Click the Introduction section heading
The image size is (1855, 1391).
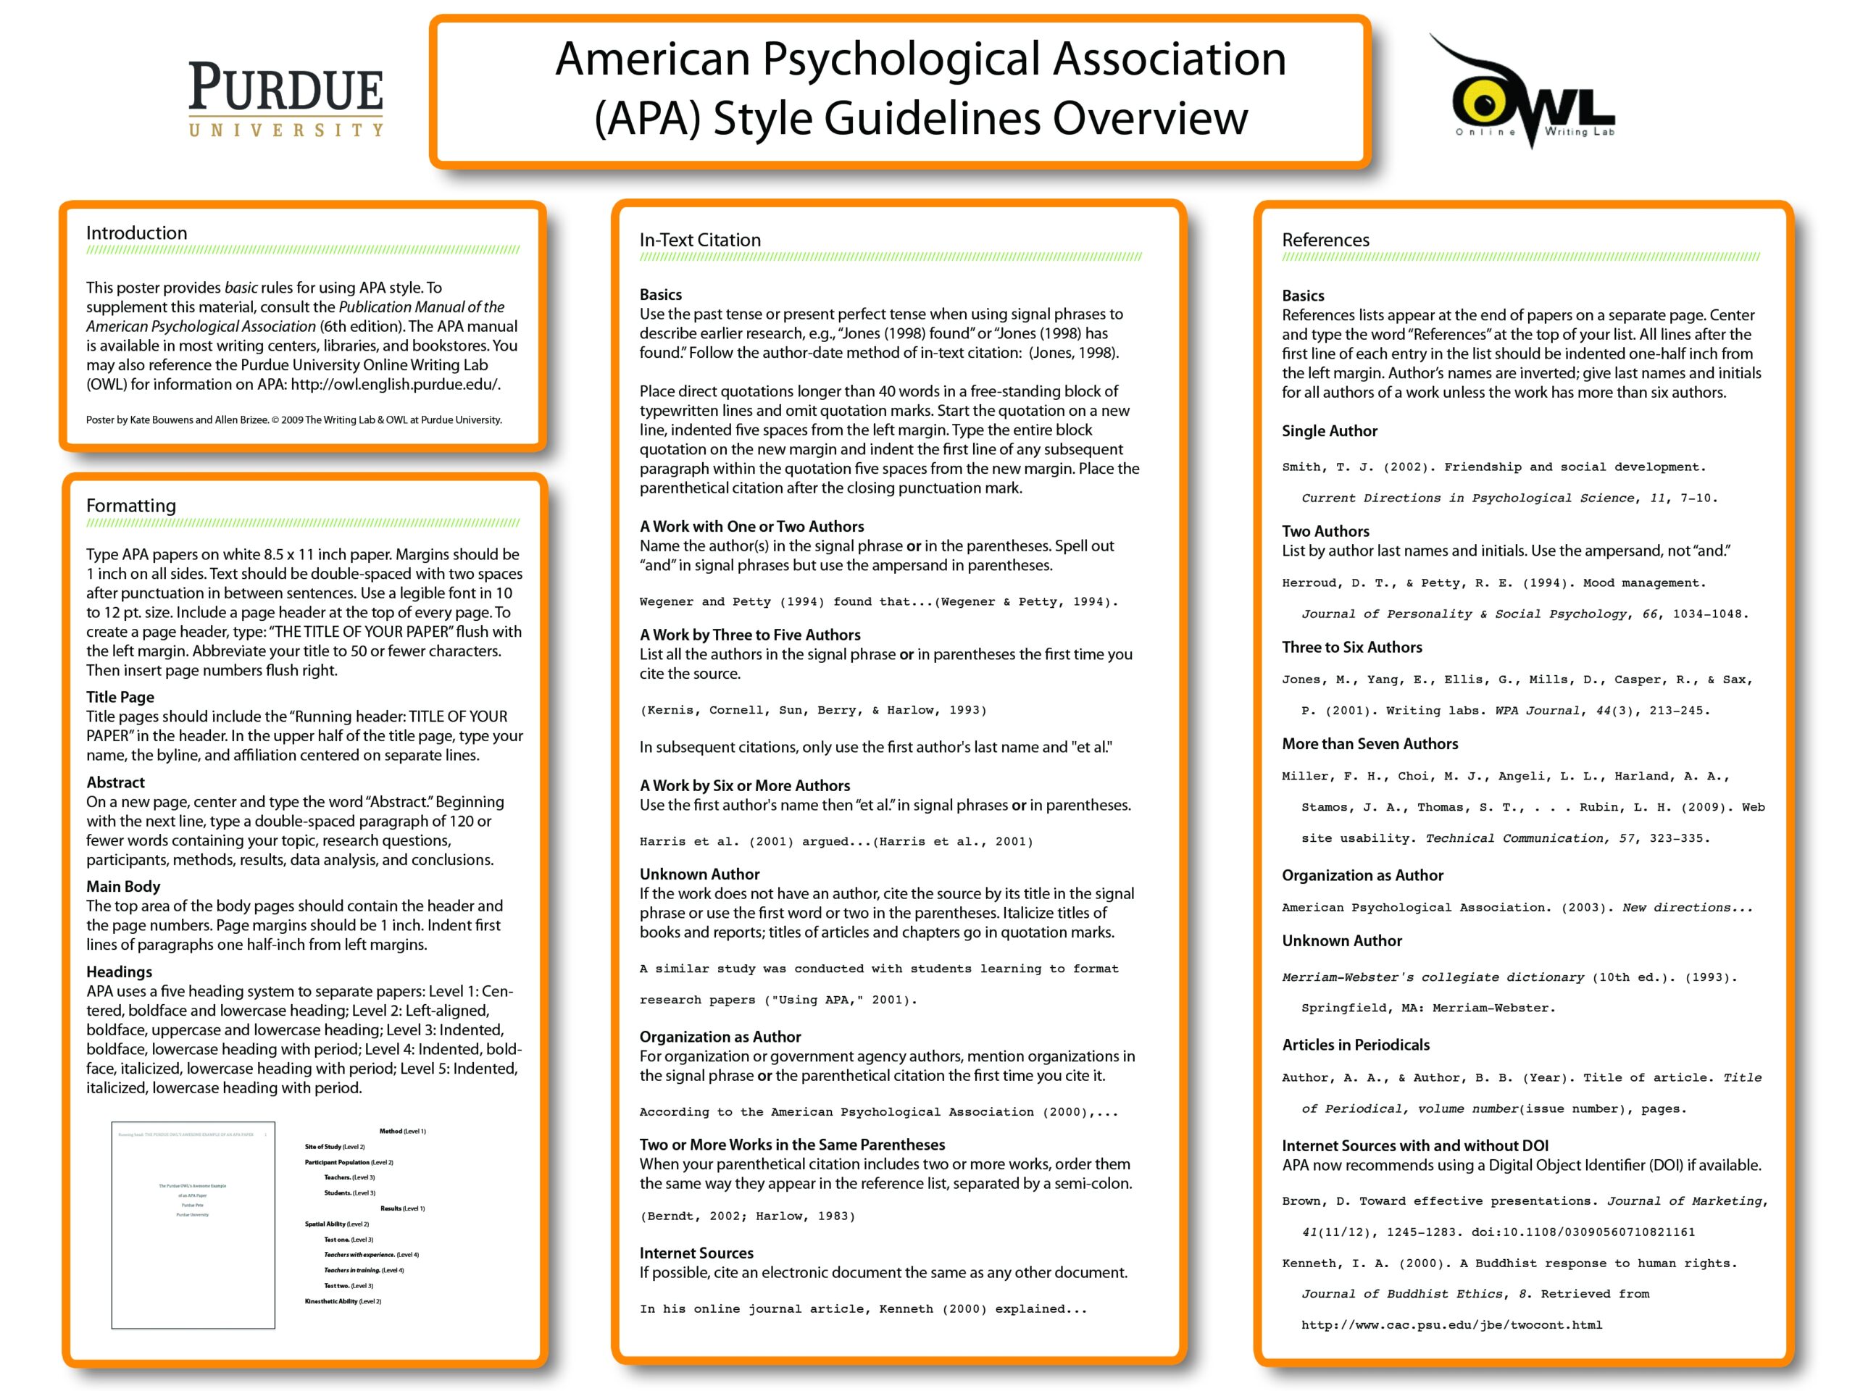[x=137, y=233]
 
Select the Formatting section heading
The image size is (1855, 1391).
[x=131, y=506]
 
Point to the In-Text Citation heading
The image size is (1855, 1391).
[x=700, y=240]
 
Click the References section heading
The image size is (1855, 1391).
[x=1325, y=240]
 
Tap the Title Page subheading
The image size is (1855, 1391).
[x=120, y=697]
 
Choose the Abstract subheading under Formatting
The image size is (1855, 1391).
[x=116, y=782]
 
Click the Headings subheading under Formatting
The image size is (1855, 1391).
[x=119, y=972]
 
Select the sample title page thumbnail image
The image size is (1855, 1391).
[x=193, y=1224]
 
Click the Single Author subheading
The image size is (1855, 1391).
[x=1329, y=431]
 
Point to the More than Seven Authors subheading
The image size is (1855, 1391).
[x=1370, y=744]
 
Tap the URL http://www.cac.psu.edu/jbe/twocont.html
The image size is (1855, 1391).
[x=1451, y=1325]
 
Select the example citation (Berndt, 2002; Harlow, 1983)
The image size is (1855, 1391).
[x=747, y=1216]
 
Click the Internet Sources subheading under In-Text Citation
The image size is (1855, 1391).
[x=696, y=1253]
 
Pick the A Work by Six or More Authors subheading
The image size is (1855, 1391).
[x=745, y=785]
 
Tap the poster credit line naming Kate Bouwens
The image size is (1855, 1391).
[x=293, y=420]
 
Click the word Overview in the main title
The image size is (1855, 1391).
[x=1150, y=117]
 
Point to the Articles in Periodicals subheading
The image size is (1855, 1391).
[x=1355, y=1045]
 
